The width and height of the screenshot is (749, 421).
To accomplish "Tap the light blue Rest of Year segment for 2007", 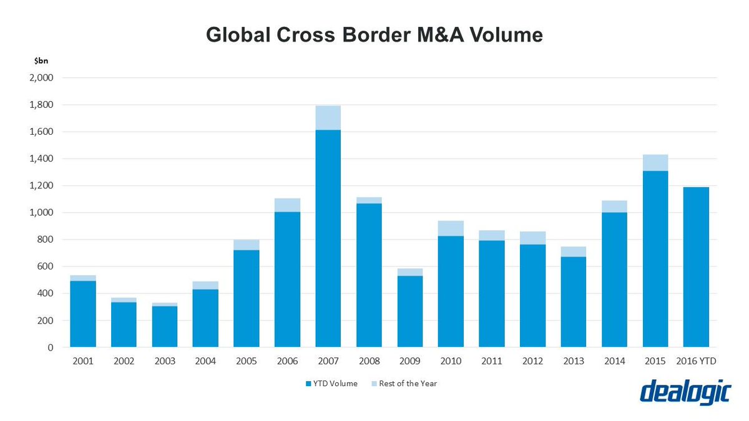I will (328, 118).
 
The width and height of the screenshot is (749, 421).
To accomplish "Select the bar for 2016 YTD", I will (696, 267).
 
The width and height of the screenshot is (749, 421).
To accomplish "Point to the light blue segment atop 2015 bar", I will (655, 163).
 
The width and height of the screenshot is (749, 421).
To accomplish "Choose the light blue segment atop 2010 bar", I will (451, 228).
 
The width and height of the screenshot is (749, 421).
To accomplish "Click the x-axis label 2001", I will (83, 361).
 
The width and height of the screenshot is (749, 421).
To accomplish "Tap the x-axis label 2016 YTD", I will (696, 361).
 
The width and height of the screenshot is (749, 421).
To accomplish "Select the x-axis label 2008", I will (369, 361).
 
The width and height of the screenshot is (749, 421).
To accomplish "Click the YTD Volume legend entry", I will (331, 384).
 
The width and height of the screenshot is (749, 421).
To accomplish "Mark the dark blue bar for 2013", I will (574, 302).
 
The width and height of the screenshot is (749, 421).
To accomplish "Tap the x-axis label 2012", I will (532, 361).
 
